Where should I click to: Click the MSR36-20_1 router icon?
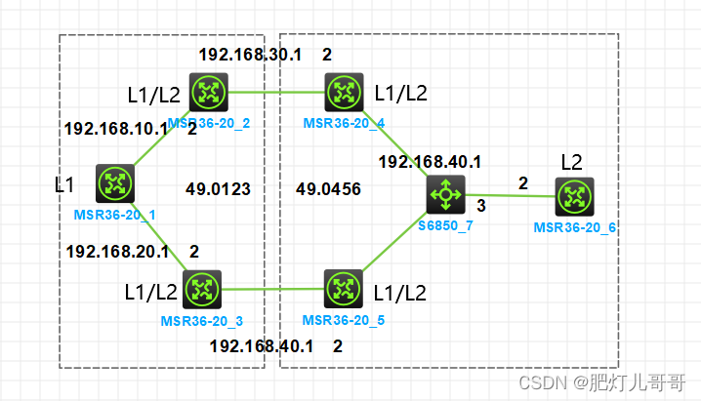(115, 183)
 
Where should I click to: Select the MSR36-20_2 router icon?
(207, 93)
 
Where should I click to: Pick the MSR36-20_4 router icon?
(343, 93)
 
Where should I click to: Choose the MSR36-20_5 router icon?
(343, 290)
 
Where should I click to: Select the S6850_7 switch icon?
(445, 196)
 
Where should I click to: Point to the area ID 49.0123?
(217, 188)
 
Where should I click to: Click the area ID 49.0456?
(328, 188)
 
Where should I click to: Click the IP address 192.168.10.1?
(115, 128)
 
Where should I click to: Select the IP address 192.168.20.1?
(117, 252)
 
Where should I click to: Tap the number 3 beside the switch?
(480, 205)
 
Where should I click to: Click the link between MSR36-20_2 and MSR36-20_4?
(275, 94)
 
